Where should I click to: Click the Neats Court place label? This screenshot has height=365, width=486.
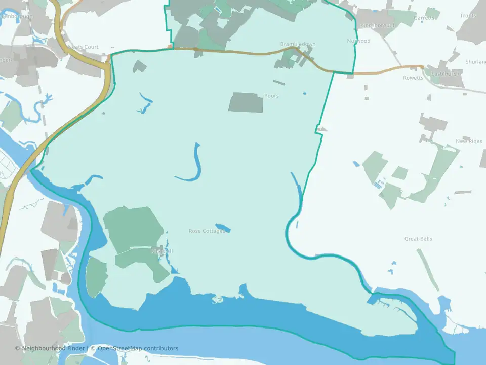pyautogui.click(x=83, y=47)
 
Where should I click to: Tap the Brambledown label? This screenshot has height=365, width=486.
pyautogui.click(x=298, y=44)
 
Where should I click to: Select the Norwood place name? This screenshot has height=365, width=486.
pyautogui.click(x=359, y=41)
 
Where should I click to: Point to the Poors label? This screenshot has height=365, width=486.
pyautogui.click(x=271, y=96)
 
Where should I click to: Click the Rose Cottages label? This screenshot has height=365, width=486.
pyautogui.click(x=207, y=231)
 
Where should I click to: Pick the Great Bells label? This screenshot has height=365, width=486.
pyautogui.click(x=419, y=239)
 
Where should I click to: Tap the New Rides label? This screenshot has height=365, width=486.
pyautogui.click(x=469, y=141)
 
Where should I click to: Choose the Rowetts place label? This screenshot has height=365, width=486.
pyautogui.click(x=413, y=78)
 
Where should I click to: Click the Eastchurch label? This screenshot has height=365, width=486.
pyautogui.click(x=446, y=74)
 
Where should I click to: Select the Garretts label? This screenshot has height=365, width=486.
pyautogui.click(x=424, y=18)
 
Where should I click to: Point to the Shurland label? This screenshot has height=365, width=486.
pyautogui.click(x=475, y=62)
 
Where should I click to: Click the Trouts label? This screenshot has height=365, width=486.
pyautogui.click(x=468, y=16)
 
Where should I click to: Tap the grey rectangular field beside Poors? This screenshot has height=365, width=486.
pyautogui.click(x=246, y=102)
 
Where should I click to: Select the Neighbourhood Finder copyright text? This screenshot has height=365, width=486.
pyautogui.click(x=50, y=348)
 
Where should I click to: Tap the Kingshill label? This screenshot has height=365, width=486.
pyautogui.click(x=162, y=251)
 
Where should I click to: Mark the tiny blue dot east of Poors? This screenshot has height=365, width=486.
pyautogui.click(x=305, y=93)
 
